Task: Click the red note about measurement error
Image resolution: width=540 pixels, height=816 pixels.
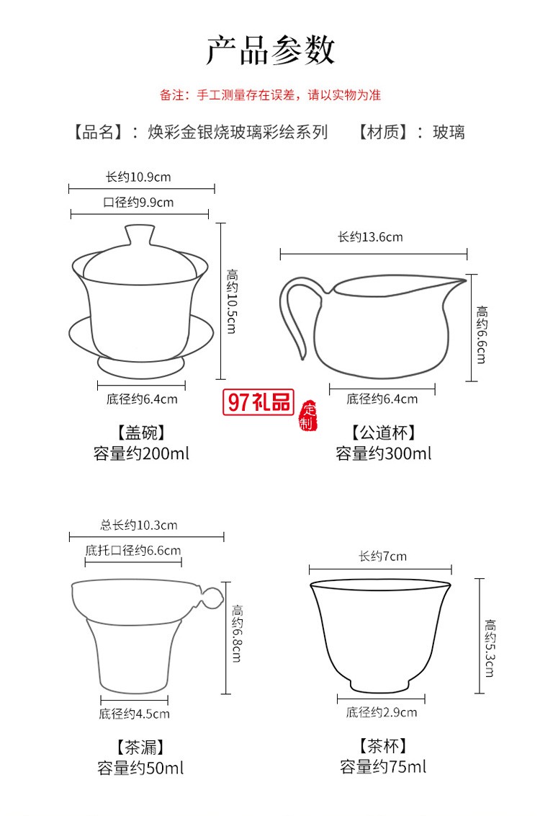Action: pyautogui.click(x=270, y=94)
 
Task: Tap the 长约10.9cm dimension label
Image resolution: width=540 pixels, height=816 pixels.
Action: pyautogui.click(x=138, y=177)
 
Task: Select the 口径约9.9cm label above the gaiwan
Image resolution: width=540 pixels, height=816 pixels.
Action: pyautogui.click(x=138, y=203)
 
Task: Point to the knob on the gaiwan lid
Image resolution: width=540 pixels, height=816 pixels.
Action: pyautogui.click(x=139, y=234)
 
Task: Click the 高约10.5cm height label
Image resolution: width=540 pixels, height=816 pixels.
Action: pyautogui.click(x=233, y=301)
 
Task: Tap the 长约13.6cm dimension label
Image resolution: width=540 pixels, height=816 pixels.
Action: pyautogui.click(x=370, y=237)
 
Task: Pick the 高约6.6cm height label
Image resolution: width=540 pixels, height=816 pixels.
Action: pyautogui.click(x=481, y=334)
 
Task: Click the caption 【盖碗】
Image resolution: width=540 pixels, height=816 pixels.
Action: pyautogui.click(x=140, y=433)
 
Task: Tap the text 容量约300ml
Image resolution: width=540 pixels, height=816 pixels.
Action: pyautogui.click(x=383, y=453)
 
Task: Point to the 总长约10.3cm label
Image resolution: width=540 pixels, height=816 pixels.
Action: pyautogui.click(x=138, y=525)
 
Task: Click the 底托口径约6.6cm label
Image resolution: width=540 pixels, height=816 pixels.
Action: pyautogui.click(x=133, y=551)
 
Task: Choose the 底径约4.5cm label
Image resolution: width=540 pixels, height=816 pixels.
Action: pyautogui.click(x=134, y=714)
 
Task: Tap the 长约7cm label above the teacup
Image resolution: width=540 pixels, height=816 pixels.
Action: pyautogui.click(x=382, y=556)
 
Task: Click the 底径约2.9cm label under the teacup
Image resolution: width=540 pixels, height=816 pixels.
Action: pyautogui.click(x=381, y=712)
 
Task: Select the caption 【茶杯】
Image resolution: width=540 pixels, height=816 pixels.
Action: pyautogui.click(x=382, y=746)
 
